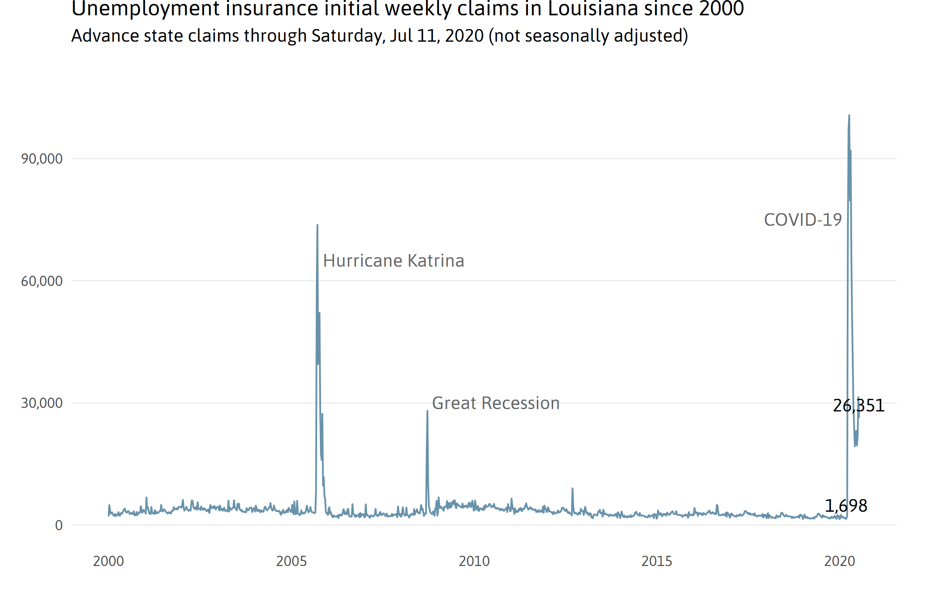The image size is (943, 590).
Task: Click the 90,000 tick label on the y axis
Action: click(42, 159)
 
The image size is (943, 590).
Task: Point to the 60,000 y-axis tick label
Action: click(42, 281)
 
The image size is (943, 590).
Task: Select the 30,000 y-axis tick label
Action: click(42, 403)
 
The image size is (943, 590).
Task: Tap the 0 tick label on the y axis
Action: click(59, 525)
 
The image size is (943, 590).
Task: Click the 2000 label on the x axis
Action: click(108, 561)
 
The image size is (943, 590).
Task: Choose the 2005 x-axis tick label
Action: click(291, 561)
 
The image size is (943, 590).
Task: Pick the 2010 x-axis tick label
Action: click(474, 561)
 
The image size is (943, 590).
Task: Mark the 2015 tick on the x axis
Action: click(657, 561)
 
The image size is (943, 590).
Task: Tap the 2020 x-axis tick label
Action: click(840, 561)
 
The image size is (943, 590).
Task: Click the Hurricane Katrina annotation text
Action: click(394, 261)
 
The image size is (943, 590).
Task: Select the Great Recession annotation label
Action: click(496, 403)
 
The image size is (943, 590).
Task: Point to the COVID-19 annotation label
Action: click(803, 220)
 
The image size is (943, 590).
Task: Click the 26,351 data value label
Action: click(859, 406)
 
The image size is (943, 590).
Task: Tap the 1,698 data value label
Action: click(846, 506)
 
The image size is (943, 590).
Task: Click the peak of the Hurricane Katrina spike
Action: click(317, 225)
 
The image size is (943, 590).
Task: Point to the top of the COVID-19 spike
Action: click(849, 115)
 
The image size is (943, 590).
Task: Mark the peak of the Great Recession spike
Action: click(427, 411)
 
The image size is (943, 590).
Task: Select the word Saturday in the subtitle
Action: click(346, 36)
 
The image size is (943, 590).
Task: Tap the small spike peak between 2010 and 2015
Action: click(572, 489)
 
